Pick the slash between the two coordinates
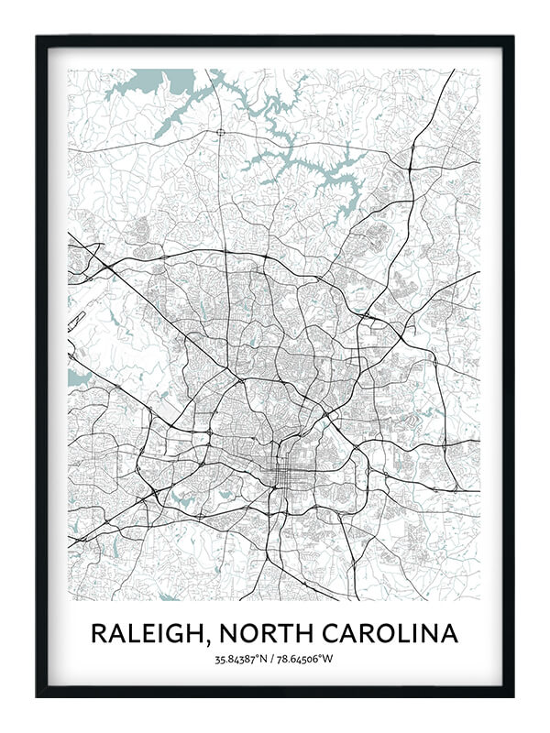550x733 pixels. click(275, 659)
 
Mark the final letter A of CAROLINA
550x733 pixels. click(450, 633)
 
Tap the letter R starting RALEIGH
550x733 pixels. click(99, 633)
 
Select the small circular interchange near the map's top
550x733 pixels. click(221, 133)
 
